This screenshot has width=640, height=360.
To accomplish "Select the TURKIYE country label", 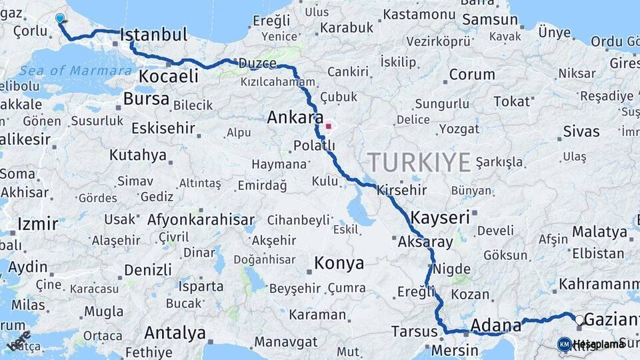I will click(419, 162).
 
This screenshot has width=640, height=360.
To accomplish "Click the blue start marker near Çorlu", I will click(60, 19).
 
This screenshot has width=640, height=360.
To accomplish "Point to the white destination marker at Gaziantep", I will click(579, 321).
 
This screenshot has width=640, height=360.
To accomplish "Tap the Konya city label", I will click(339, 263).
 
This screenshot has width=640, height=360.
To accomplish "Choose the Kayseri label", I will click(440, 217).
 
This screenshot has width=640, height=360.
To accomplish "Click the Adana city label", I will click(495, 326).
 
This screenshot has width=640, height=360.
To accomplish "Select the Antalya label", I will click(175, 332).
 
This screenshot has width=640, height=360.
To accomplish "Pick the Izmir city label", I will click(37, 223).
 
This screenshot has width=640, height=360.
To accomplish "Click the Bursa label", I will click(146, 99).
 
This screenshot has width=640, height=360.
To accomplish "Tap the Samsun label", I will click(489, 20).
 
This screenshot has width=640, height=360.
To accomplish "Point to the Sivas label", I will click(581, 131).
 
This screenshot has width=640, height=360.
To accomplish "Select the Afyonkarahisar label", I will click(201, 219).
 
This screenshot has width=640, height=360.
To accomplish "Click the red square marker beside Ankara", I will click(328, 126).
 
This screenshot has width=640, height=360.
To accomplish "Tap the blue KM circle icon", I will click(564, 344).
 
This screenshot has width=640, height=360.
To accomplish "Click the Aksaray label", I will click(425, 242).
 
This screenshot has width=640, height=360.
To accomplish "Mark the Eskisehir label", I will click(163, 128).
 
